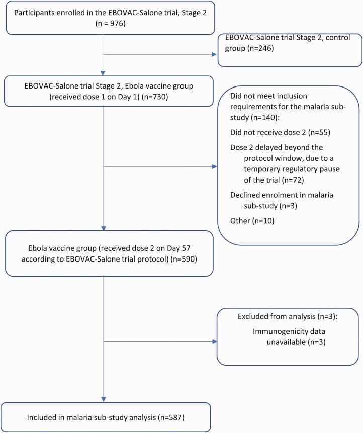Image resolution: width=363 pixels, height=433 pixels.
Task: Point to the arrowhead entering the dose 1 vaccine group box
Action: point(103,73)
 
